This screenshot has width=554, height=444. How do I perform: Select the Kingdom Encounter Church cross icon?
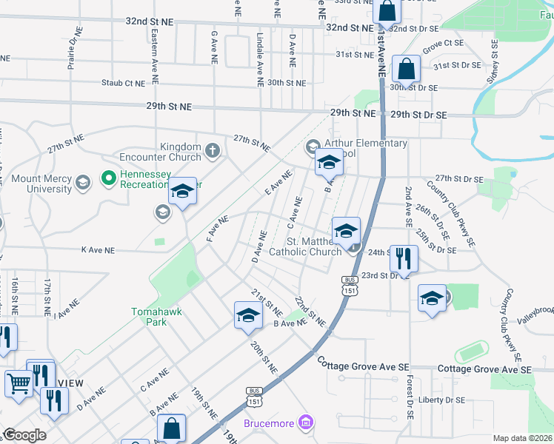click(x=213, y=152)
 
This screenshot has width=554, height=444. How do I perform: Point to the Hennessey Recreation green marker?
click(x=108, y=178)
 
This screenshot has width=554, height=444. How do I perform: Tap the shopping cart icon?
click(x=18, y=383)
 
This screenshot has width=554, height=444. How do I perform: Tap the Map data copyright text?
click(x=523, y=438)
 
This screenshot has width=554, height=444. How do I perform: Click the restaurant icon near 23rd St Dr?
click(x=403, y=259)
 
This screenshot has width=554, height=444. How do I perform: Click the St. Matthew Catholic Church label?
click(x=304, y=246)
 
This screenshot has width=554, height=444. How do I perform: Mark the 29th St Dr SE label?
click(x=419, y=115)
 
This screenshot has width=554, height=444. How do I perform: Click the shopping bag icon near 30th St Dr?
click(x=407, y=71)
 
